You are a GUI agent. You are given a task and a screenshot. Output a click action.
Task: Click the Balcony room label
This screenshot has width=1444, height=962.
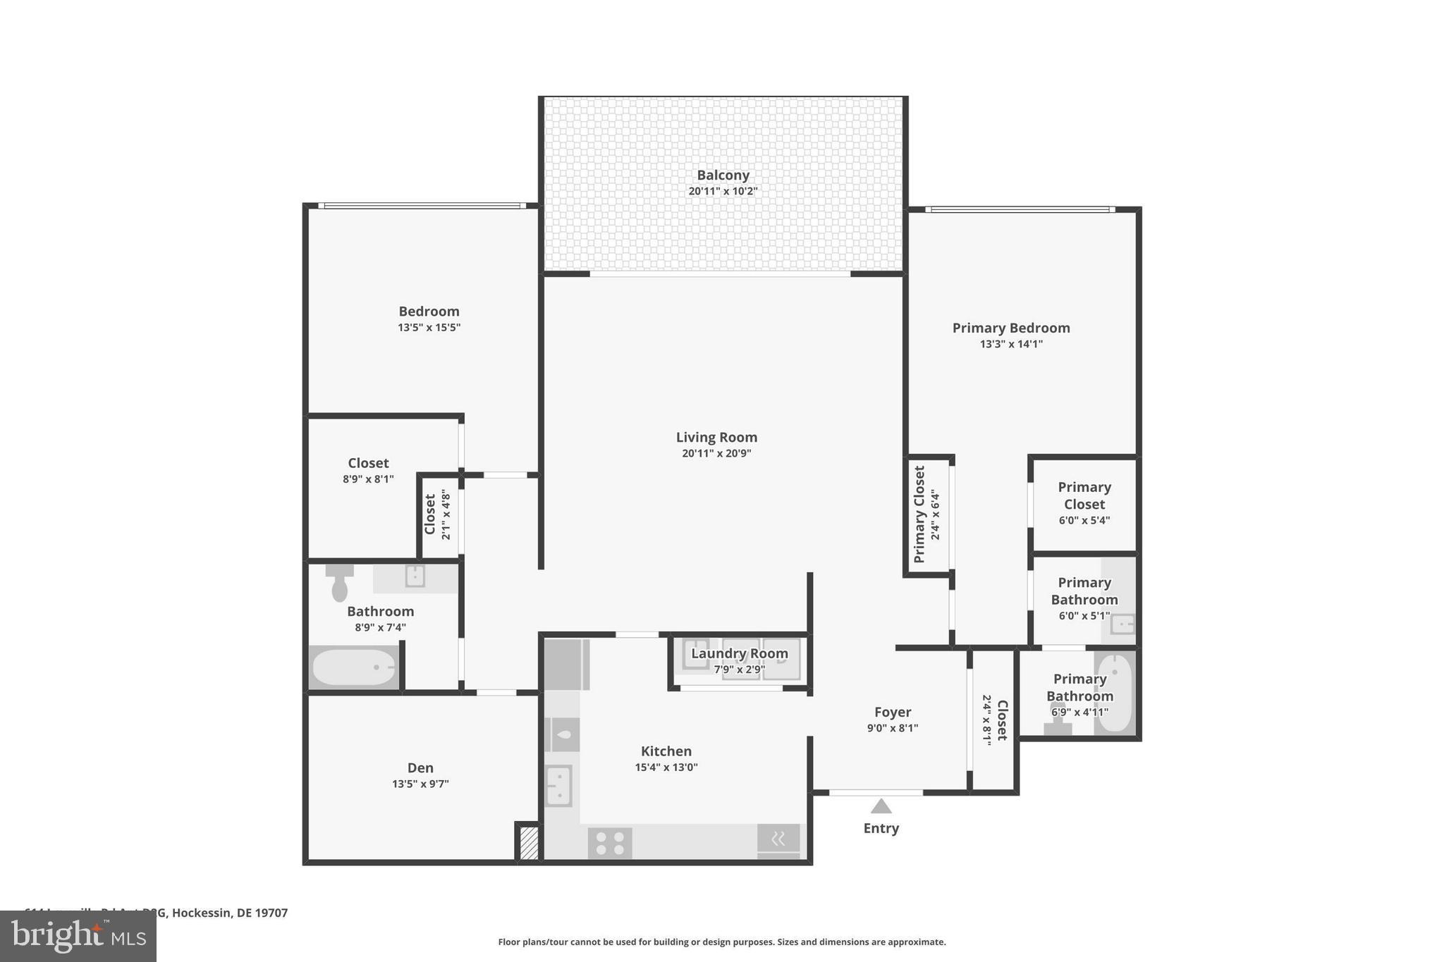[x=723, y=175]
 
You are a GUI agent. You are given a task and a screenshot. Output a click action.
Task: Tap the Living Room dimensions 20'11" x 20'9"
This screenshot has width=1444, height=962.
[x=716, y=454]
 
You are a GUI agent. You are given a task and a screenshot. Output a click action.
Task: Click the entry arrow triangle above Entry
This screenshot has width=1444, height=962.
[x=881, y=806]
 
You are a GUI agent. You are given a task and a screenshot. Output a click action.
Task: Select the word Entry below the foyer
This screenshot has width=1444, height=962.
[x=881, y=829]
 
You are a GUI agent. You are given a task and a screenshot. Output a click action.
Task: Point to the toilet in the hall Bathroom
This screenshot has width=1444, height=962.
[x=340, y=582]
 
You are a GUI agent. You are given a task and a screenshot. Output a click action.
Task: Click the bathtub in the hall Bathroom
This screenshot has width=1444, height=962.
[x=354, y=667]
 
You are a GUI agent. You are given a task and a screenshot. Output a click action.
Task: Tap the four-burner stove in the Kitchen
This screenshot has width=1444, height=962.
[x=610, y=843]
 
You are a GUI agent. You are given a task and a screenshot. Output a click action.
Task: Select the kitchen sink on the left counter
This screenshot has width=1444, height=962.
[x=559, y=786]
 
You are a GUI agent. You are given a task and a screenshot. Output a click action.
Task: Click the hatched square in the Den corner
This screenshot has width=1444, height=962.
[x=529, y=843]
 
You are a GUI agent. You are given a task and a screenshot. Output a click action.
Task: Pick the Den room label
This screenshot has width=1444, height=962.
[x=420, y=768]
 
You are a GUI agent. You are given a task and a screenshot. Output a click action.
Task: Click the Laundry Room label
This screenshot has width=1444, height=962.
[x=739, y=654]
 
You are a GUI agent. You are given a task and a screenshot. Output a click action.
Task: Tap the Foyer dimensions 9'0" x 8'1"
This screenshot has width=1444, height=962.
[x=893, y=729]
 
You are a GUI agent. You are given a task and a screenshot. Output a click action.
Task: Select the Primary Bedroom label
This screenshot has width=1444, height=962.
[x=1011, y=328]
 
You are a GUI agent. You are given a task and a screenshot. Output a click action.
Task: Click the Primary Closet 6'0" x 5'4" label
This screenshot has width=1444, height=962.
[x=1084, y=503]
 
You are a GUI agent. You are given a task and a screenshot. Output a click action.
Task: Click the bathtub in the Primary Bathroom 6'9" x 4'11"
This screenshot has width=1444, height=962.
[x=1115, y=693]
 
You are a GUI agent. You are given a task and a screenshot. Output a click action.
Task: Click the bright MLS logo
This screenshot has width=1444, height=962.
[x=78, y=937]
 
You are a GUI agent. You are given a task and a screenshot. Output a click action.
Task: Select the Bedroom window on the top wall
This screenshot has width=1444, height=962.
[x=422, y=206]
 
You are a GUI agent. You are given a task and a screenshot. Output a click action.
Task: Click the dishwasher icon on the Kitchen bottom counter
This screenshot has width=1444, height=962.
[x=778, y=839]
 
